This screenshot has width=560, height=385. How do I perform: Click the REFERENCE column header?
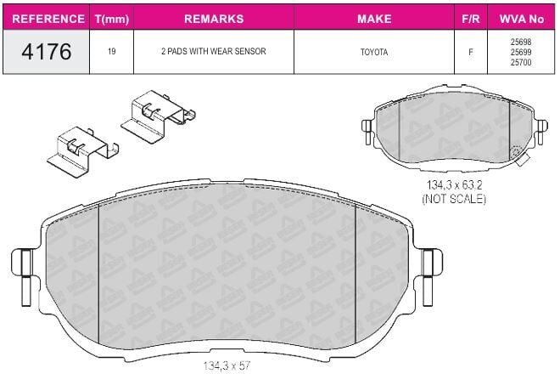[48, 19]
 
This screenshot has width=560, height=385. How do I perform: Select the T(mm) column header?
[112, 19]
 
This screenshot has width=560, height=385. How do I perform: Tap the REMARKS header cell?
[214, 19]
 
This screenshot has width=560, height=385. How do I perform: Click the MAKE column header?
[374, 19]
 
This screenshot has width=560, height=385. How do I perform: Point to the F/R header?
[471, 19]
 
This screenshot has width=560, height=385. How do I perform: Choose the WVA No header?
[522, 19]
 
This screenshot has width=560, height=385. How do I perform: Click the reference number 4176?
[47, 52]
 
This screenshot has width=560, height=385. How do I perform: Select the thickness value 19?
[112, 52]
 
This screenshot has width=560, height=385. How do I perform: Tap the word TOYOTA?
[374, 52]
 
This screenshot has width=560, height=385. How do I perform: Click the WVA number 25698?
[521, 42]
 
